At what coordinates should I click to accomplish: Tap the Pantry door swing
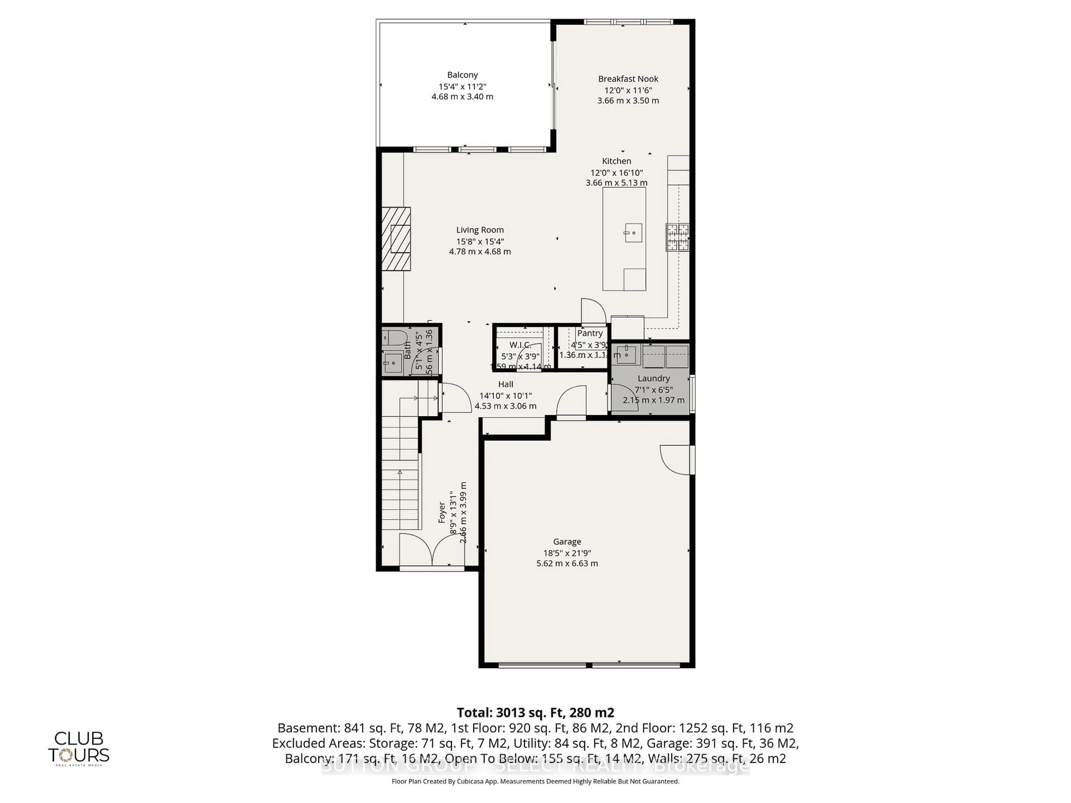[594, 311]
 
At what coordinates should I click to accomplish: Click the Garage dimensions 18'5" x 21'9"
[567, 553]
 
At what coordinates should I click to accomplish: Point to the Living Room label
[480, 230]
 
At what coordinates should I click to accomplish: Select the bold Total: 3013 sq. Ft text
[535, 712]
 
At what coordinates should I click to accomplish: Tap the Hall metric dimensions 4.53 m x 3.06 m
[505, 406]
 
